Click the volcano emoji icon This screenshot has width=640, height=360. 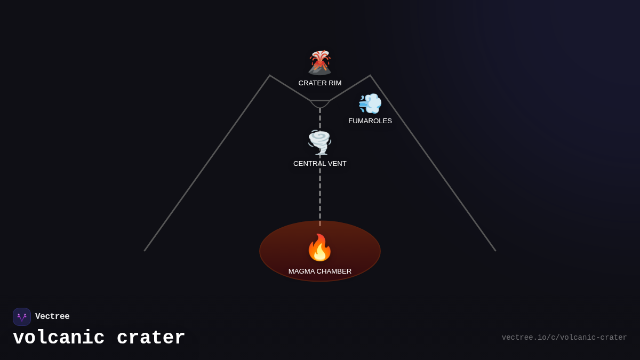(x=319, y=62)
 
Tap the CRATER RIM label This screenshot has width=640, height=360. (x=320, y=83)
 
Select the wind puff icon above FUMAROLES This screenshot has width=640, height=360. (x=370, y=103)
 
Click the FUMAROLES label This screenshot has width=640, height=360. (x=370, y=121)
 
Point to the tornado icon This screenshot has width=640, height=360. (x=319, y=142)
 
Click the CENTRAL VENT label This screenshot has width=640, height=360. (x=320, y=164)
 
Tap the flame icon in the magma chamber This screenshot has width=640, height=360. (x=319, y=248)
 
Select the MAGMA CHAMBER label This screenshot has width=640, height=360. (x=320, y=271)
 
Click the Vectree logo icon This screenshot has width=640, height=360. (x=22, y=317)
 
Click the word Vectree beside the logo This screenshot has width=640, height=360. (x=52, y=317)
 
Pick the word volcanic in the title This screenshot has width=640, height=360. (x=59, y=338)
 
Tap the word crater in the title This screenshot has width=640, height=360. (x=151, y=338)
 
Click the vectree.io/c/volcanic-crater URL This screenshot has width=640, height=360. (x=564, y=338)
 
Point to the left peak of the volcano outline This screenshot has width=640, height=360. (x=270, y=76)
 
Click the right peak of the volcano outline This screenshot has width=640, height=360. (x=370, y=76)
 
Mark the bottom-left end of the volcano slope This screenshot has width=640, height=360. (x=145, y=251)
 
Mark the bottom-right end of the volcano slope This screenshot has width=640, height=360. (x=495, y=251)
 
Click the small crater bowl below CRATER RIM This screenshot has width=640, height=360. (x=320, y=103)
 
